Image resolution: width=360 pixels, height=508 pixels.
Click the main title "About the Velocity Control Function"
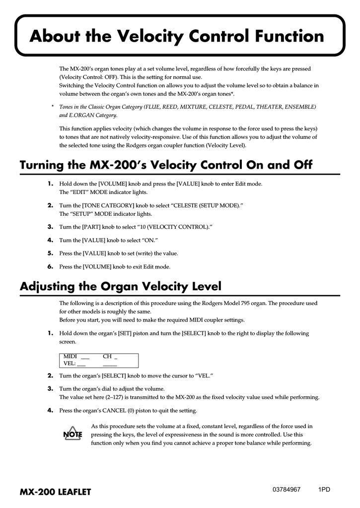coord(176,36)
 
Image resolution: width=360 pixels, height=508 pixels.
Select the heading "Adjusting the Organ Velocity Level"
coord(120,286)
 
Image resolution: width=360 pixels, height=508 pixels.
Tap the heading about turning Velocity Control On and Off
coord(166,165)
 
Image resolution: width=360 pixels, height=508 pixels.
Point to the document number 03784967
coord(286,489)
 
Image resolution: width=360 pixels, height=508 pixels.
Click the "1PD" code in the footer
coord(324,489)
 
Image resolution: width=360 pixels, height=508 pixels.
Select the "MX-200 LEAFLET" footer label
coord(55,492)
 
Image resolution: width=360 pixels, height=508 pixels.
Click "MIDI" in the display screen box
coord(70,356)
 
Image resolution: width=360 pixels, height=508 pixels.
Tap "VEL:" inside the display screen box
coord(70,363)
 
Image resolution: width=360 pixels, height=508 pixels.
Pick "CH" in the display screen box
coord(107,356)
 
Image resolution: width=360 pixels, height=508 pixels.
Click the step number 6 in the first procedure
coord(50,266)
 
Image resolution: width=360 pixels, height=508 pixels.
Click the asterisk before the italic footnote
coord(53,107)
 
